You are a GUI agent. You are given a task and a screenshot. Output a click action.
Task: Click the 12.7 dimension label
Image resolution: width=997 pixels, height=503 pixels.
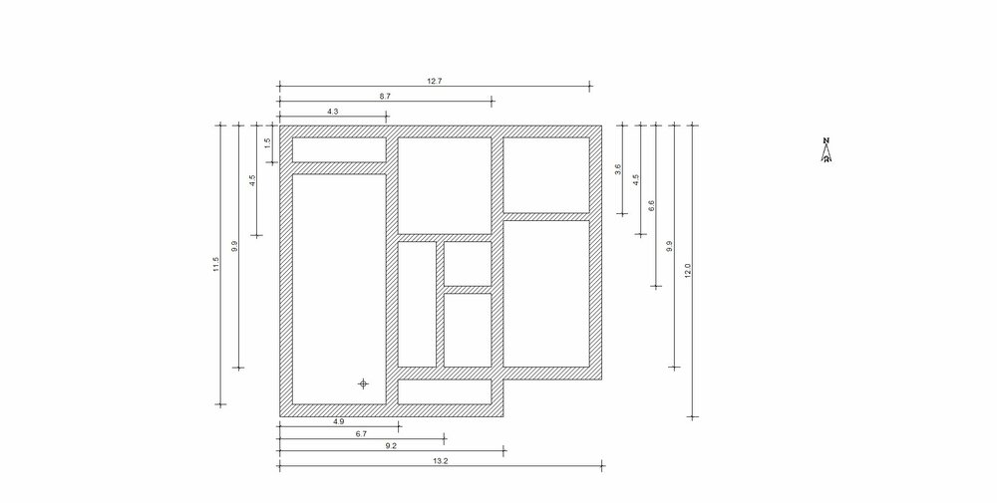pos(433,81)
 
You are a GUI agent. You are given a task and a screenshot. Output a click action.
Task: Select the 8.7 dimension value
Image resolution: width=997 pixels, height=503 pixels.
pos(385,96)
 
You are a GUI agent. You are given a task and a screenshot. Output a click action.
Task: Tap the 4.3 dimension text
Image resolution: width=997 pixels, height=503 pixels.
pos(332,112)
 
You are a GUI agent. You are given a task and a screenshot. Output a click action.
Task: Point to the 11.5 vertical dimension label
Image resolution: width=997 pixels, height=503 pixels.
pos(215,264)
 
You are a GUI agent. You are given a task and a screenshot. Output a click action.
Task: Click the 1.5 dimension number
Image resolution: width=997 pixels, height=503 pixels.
pos(267,141)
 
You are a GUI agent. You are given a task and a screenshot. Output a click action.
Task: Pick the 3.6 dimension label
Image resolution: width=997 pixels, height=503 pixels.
pos(618,168)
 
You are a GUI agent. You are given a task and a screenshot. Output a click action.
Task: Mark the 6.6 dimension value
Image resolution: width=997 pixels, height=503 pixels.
pos(651,206)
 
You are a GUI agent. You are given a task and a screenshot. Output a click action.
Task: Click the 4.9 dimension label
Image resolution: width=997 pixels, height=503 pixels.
pos(339,422)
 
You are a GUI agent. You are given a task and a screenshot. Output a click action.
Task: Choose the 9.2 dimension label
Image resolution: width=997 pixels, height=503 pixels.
pos(391,448)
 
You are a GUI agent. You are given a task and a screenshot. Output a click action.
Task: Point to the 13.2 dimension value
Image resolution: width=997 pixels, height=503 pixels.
pos(440,461)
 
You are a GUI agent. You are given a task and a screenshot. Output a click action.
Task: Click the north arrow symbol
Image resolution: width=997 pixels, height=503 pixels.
pos(827,156)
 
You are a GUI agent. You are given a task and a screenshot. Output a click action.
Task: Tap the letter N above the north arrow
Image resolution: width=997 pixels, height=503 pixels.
pos(826,141)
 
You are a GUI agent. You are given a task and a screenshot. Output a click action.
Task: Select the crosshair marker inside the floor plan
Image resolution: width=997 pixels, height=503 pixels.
pos(364,382)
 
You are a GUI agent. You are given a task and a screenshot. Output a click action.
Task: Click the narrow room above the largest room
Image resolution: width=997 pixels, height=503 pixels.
pos(338,149)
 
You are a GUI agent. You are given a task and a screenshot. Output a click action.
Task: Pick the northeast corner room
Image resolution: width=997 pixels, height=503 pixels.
pos(545,174)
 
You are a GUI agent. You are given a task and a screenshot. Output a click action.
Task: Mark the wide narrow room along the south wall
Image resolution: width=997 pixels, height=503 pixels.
pos(445,391)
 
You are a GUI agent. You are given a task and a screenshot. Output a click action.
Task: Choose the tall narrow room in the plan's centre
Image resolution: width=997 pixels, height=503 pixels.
pos(418,304)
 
